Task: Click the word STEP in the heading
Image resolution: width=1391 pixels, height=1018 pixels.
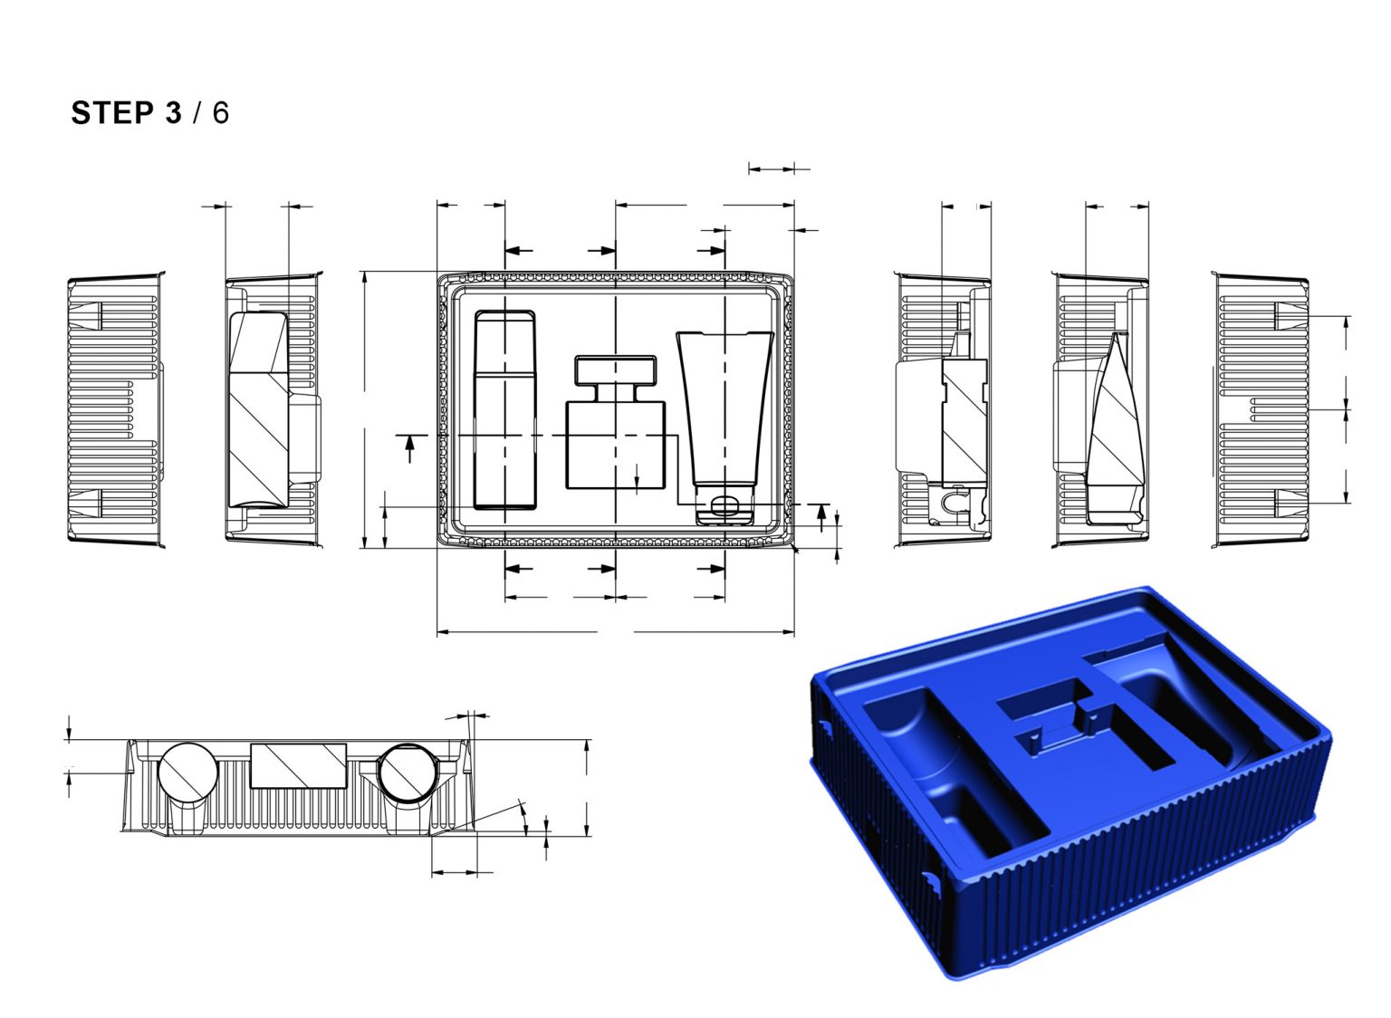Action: tap(112, 113)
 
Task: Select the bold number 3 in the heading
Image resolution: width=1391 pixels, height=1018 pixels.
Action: tap(173, 113)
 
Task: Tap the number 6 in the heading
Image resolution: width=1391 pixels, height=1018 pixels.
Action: tap(220, 113)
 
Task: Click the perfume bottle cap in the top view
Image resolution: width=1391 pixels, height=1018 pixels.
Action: tap(615, 370)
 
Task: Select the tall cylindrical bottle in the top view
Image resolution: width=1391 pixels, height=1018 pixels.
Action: tap(504, 409)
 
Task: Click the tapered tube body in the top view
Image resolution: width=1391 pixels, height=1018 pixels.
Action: tap(724, 408)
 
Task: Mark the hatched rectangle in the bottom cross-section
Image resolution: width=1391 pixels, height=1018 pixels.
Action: tap(298, 765)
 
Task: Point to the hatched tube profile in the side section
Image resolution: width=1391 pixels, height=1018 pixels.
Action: tap(1114, 426)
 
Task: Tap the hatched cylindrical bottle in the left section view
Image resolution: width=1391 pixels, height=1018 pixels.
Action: tap(258, 409)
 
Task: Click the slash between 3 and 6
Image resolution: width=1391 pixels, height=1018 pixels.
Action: tap(197, 113)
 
